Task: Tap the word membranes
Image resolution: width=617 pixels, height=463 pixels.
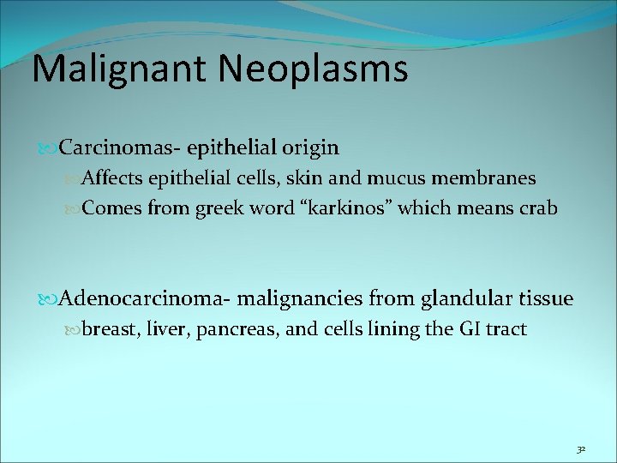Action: click(486, 178)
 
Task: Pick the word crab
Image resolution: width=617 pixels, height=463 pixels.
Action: click(536, 207)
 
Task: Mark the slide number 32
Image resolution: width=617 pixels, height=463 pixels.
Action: click(580, 448)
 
